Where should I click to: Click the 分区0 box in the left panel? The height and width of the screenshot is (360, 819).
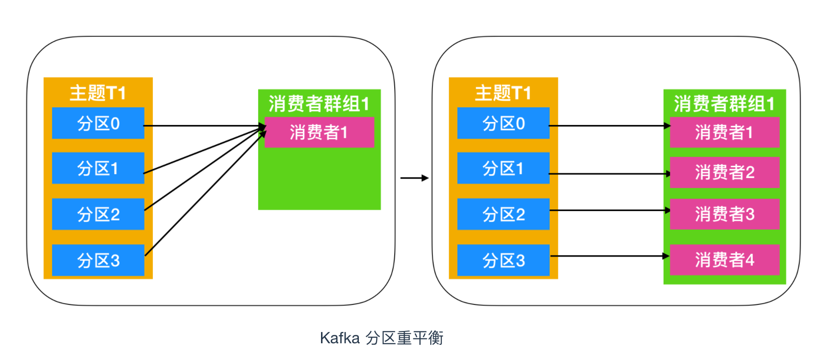click(98, 123)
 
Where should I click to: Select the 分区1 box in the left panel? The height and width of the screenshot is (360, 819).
click(98, 168)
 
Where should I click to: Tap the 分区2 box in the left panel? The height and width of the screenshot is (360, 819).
click(98, 214)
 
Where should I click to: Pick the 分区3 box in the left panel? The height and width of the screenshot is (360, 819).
click(98, 260)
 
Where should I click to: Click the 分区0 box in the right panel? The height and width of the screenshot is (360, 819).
click(503, 123)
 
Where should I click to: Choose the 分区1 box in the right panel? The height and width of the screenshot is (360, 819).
click(503, 168)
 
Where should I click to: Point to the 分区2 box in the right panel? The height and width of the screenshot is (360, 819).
click(503, 214)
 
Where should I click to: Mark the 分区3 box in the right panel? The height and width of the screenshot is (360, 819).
click(503, 260)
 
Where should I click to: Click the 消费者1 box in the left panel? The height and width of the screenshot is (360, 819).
click(319, 132)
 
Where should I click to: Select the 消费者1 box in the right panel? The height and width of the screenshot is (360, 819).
click(725, 132)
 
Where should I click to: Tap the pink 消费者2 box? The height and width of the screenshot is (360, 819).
click(725, 172)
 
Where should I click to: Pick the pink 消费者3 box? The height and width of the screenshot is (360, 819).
click(725, 214)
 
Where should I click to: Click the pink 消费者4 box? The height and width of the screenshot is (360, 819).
click(725, 260)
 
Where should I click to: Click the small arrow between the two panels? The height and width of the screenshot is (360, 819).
click(414, 178)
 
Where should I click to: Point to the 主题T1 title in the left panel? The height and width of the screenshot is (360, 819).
click(98, 93)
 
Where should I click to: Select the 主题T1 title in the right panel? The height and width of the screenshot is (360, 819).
click(503, 93)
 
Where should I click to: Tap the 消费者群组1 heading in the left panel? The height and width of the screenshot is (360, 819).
click(319, 104)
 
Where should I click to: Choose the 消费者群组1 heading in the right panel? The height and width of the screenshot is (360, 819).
click(724, 104)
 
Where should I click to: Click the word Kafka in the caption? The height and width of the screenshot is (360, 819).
click(340, 338)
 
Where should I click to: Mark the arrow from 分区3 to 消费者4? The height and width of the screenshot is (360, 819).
click(610, 256)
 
